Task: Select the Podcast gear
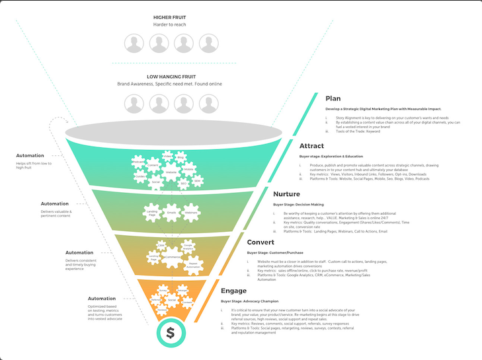click(138, 162)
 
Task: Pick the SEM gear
click(197, 180)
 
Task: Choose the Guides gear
click(168, 157)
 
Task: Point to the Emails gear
click(171, 213)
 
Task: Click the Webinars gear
click(191, 213)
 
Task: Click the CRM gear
click(161, 245)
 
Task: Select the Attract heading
click(313, 146)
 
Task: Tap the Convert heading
click(261, 242)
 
